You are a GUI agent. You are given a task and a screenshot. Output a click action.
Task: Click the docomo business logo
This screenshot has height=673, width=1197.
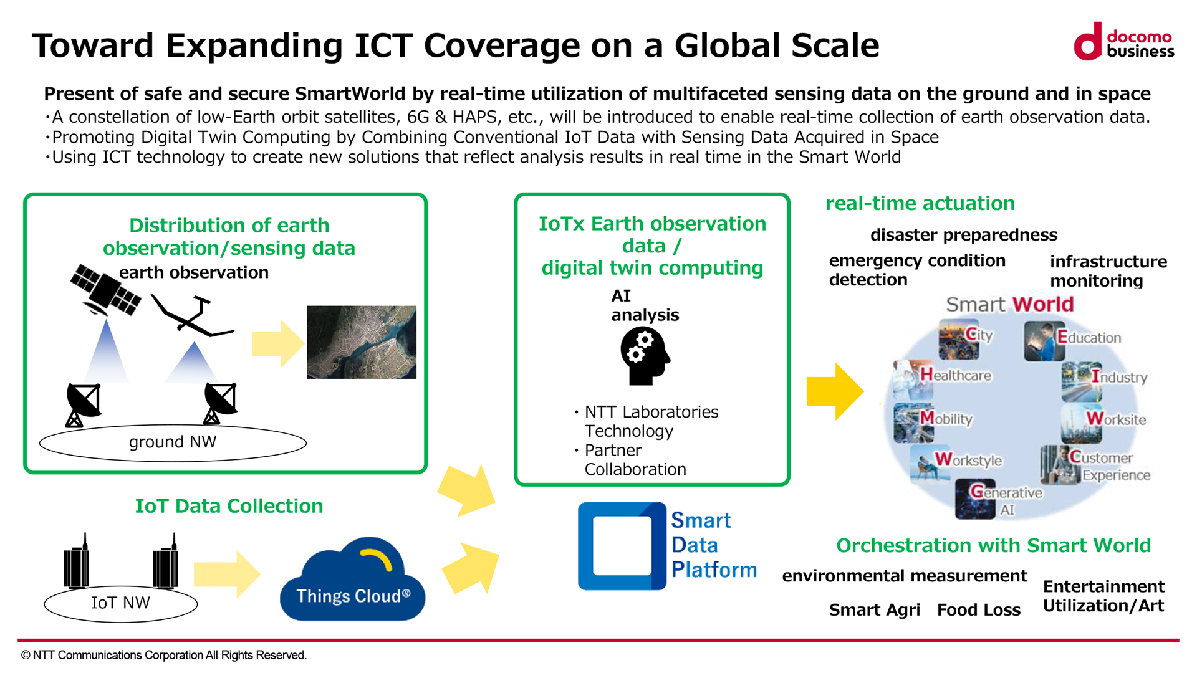tap(1123, 42)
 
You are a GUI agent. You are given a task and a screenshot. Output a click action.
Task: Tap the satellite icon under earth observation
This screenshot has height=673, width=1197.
tap(105, 290)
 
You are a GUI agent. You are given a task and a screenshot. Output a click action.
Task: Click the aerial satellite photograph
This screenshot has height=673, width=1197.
tap(362, 342)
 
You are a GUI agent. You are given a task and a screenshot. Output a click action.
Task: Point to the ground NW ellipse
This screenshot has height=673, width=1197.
tap(173, 442)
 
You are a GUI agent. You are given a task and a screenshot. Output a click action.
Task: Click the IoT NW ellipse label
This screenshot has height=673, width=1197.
tap(120, 603)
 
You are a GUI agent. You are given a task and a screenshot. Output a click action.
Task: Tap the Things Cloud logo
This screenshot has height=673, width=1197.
tap(353, 579)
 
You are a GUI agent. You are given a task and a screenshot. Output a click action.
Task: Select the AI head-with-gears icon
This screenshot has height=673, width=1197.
tap(645, 356)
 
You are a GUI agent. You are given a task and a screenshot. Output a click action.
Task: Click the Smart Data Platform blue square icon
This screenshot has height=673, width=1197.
tap(622, 546)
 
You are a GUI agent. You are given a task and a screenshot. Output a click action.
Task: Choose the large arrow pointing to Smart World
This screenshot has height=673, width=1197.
tap(835, 391)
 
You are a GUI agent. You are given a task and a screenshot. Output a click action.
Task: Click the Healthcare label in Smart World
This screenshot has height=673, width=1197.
tap(956, 375)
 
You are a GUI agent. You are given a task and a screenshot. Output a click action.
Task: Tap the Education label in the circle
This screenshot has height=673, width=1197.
tap(1089, 337)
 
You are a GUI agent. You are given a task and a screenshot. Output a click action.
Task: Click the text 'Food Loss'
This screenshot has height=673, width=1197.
tap(979, 610)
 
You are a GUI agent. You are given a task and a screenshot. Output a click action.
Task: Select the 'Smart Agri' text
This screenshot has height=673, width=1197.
tap(874, 610)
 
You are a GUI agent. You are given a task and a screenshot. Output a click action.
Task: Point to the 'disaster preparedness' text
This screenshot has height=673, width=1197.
tap(964, 235)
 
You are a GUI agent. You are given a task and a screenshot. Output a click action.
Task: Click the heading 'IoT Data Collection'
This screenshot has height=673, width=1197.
tap(229, 506)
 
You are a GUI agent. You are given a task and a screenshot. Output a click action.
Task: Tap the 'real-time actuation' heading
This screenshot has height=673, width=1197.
tap(920, 203)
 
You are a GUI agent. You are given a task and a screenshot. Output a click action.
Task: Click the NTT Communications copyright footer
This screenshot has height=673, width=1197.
tap(164, 655)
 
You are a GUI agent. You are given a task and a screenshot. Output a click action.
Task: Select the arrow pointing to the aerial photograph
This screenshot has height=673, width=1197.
tap(278, 343)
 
